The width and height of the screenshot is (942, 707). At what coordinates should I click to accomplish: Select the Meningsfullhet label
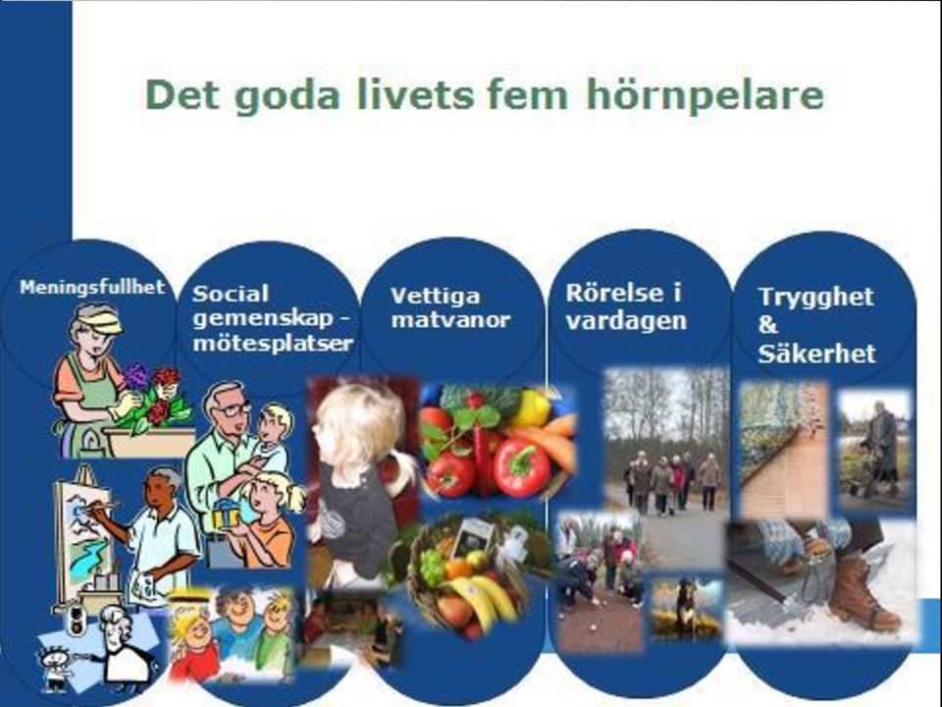click(x=92, y=288)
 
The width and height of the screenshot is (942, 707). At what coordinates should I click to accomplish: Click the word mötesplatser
click(x=273, y=343)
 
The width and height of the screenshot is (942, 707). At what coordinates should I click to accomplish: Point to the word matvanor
click(x=450, y=320)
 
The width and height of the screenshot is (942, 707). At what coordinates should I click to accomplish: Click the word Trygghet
click(x=815, y=297)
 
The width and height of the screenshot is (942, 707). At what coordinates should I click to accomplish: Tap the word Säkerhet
click(x=817, y=353)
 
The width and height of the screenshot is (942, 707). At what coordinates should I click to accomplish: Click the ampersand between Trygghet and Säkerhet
click(x=767, y=325)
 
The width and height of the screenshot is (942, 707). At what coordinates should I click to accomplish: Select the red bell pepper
click(x=520, y=466)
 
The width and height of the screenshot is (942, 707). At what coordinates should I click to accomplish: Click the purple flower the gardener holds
click(x=135, y=376)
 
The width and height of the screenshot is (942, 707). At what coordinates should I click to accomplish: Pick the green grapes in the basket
click(x=433, y=566)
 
